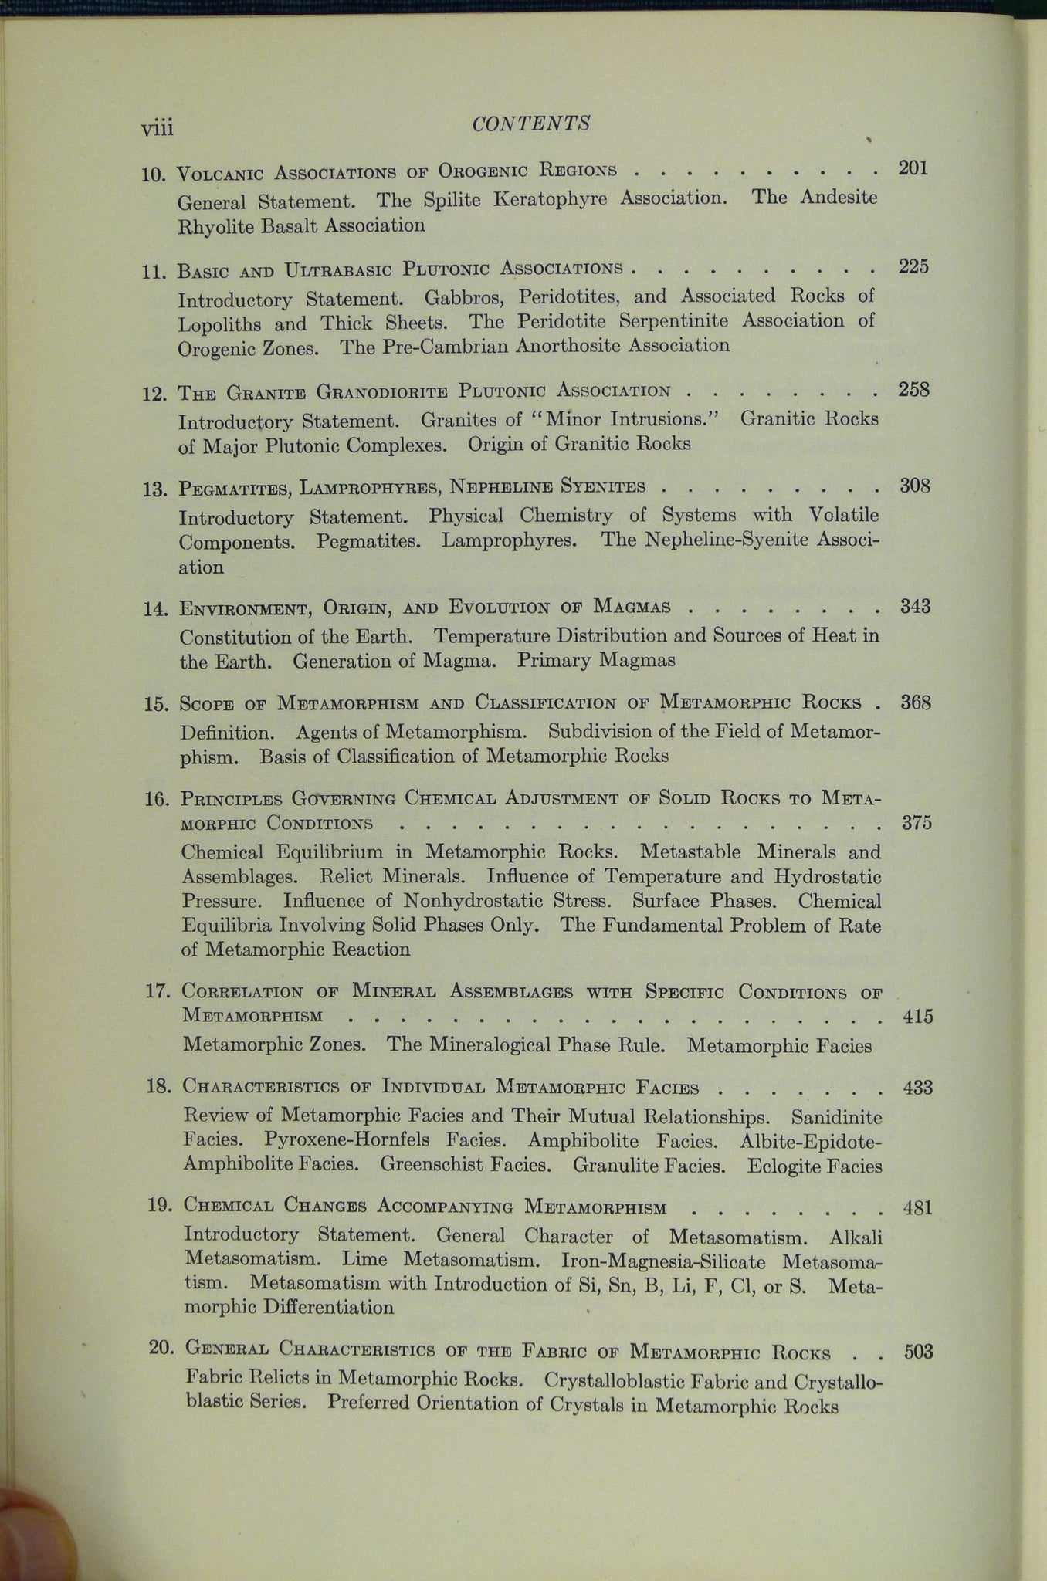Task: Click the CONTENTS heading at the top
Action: [531, 124]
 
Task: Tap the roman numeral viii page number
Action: [156, 127]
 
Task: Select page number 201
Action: [913, 168]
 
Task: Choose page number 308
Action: [915, 486]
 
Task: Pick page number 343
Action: [916, 607]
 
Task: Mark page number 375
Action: [917, 822]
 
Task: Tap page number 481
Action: [917, 1207]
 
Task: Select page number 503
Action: [918, 1352]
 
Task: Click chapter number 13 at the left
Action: [154, 489]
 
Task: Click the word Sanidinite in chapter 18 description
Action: [835, 1116]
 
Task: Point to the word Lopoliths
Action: [222, 324]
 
